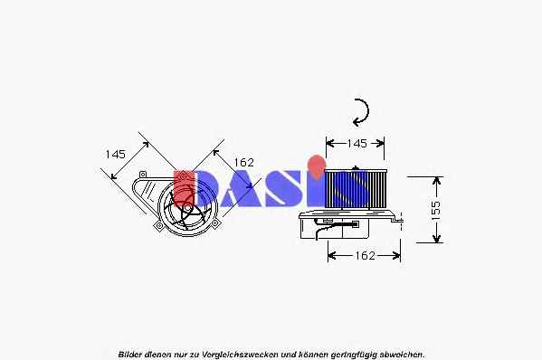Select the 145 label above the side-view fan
[357, 144]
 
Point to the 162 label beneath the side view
[365, 256]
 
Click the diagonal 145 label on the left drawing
[116, 154]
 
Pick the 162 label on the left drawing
[244, 163]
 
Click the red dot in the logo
[317, 166]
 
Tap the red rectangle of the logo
[184, 188]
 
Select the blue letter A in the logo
[237, 189]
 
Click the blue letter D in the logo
[206, 188]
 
